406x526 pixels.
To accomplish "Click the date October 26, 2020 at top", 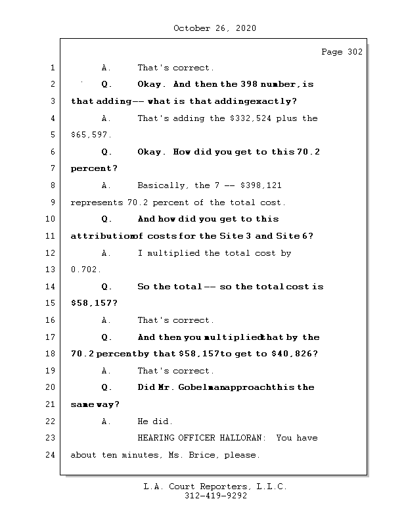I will pyautogui.click(x=215, y=28).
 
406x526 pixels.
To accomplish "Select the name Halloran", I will pyautogui.click(x=238, y=438).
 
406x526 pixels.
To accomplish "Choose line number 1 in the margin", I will pyautogui.click(x=52, y=68).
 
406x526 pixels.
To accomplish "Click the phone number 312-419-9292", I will pyautogui.click(x=215, y=496).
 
